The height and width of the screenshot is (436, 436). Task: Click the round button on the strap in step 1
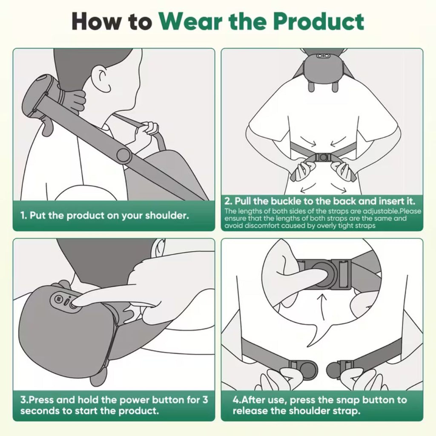pyautogui.click(x=124, y=155)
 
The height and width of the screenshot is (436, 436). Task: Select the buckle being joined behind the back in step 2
pyautogui.click(x=323, y=157)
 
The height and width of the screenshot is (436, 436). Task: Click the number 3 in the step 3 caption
pyautogui.click(x=205, y=400)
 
